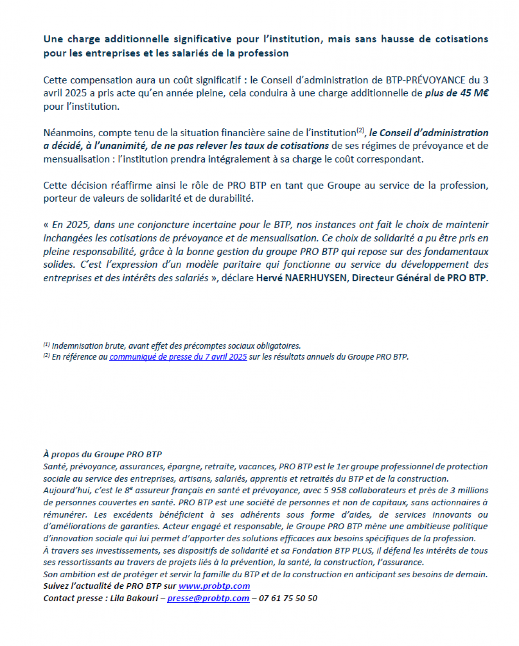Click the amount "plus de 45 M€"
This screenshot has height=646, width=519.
[457, 93]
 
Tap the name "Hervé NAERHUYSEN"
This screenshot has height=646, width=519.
[301, 278]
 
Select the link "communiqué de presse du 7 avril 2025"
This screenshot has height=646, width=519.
[178, 357]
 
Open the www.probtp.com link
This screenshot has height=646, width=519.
[214, 586]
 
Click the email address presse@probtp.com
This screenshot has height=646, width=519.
[208, 598]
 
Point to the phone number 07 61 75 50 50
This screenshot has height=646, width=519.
[288, 598]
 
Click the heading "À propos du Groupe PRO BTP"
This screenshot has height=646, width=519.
[102, 454]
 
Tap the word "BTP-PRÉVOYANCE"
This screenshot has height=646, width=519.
[427, 80]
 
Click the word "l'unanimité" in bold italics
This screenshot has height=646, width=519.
[122, 146]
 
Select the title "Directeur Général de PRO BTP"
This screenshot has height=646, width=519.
[419, 278]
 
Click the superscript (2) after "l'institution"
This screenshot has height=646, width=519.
[361, 131]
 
